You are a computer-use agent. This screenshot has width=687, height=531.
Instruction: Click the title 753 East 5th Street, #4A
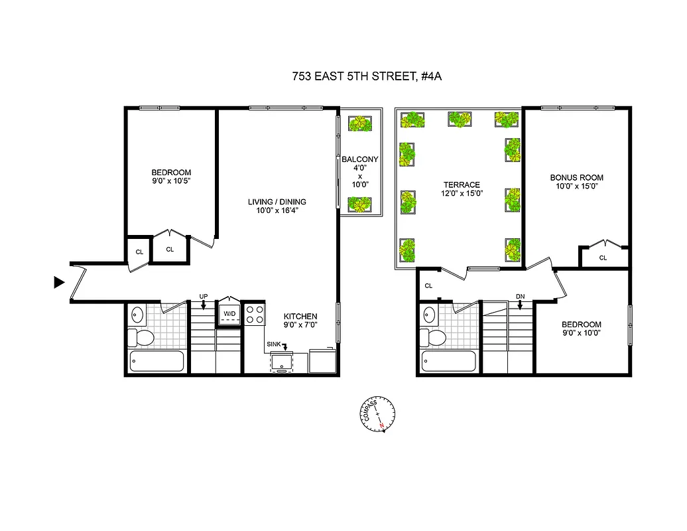point(367,76)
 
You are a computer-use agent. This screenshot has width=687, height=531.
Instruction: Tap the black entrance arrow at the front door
point(59,283)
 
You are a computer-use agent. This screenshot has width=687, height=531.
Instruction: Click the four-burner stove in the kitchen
point(255,314)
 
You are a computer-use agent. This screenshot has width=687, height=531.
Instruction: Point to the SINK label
point(274,344)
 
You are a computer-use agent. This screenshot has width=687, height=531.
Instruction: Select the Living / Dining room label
point(277,206)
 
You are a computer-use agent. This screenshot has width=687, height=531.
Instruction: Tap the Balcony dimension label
point(359,176)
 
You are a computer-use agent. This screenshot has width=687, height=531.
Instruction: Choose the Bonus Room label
point(576,182)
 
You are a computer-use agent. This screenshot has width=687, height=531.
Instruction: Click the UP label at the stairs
point(204,296)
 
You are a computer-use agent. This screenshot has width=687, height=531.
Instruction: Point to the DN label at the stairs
point(521,297)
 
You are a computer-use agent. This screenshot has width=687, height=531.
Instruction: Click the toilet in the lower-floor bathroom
point(141,337)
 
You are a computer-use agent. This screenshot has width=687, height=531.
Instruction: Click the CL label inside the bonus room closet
point(603,258)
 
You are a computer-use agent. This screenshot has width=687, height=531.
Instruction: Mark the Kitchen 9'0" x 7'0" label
point(300,321)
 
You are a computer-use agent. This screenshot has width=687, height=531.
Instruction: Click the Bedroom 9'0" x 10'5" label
point(170,176)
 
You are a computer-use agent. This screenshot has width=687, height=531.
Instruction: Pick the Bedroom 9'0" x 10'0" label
point(584,328)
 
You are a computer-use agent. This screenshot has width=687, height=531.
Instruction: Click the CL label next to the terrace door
point(428,286)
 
